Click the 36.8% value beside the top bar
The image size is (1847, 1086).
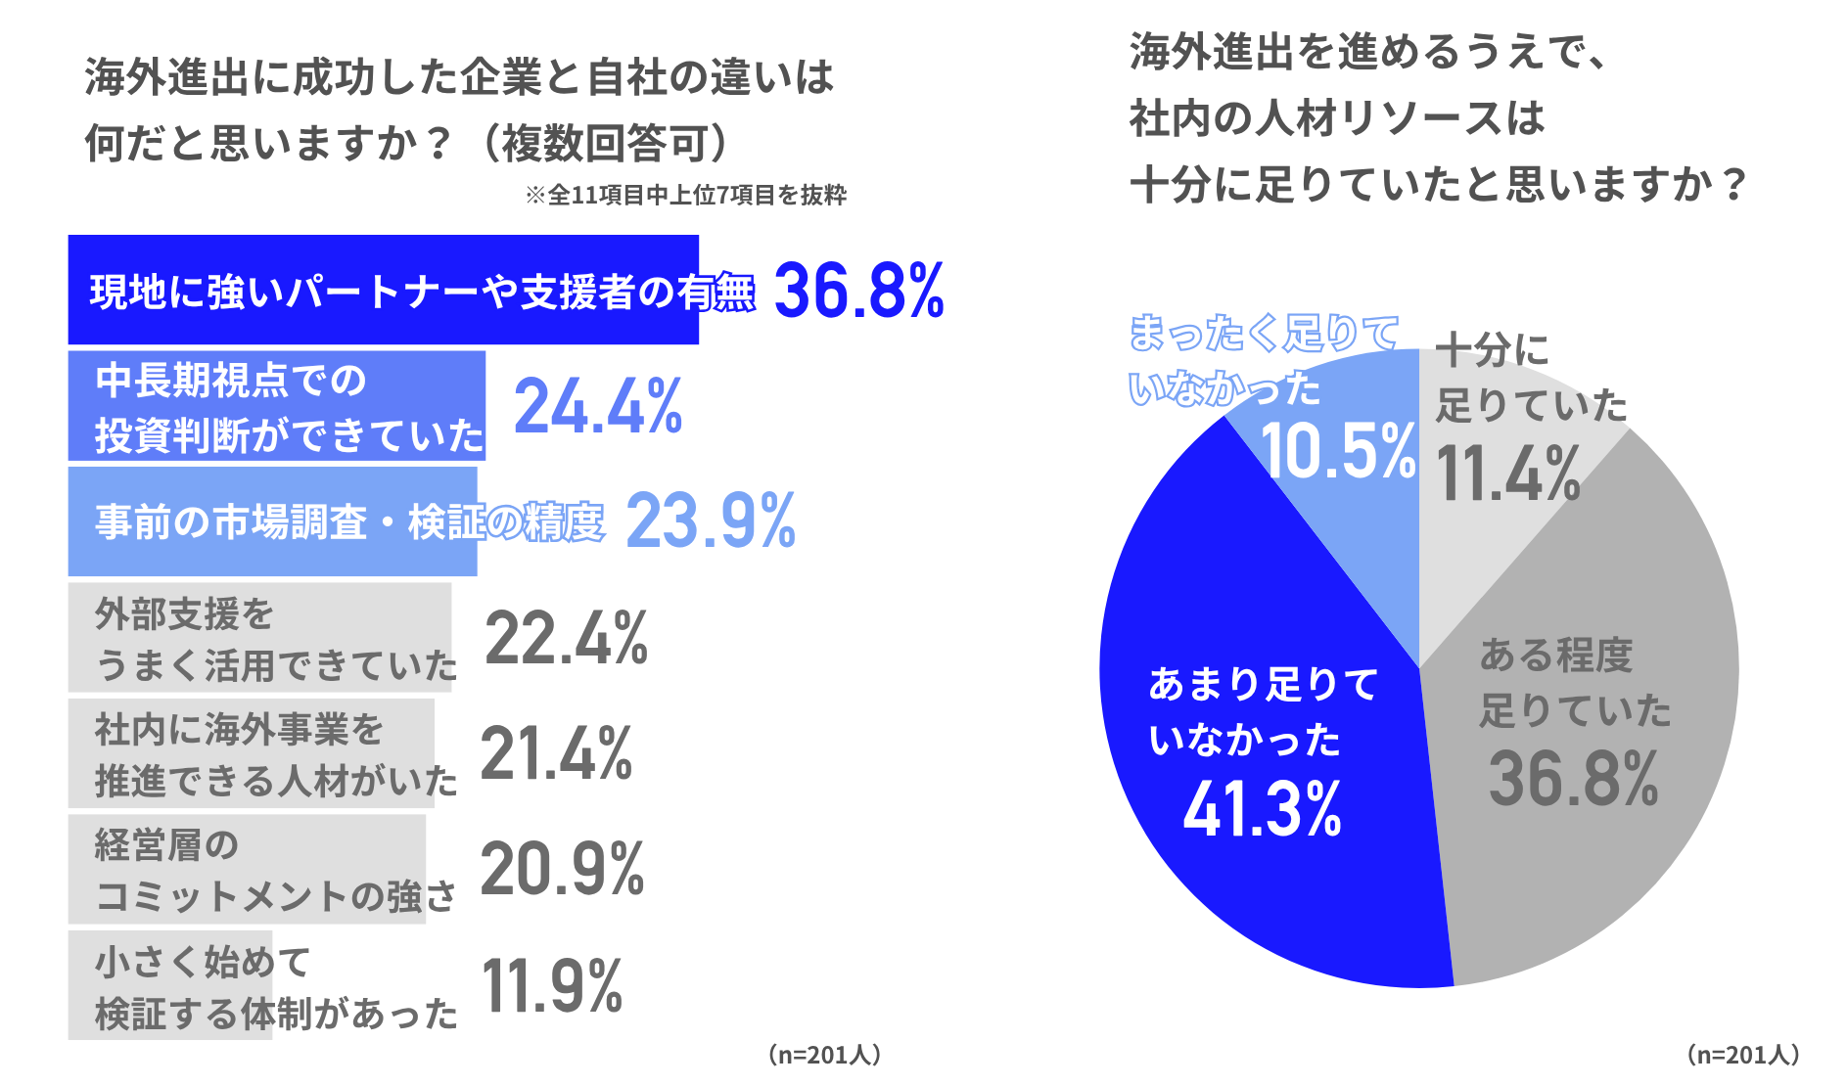tap(859, 291)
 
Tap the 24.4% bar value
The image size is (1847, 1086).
tap(598, 406)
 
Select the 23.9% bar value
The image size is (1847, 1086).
tap(711, 521)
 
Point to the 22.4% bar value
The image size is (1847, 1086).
tap(566, 638)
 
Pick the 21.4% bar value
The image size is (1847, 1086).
tap(557, 753)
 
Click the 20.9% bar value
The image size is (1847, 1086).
tap(562, 869)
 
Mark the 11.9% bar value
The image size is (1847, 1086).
tap(552, 985)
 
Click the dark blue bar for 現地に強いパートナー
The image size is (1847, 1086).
tap(383, 290)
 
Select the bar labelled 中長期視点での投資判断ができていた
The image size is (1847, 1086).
tap(277, 406)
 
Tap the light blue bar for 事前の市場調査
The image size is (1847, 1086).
tap(273, 521)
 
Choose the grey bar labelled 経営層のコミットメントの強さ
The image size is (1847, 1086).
tap(247, 869)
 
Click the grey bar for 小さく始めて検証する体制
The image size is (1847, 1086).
tap(170, 985)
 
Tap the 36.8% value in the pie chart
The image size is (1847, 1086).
tap(1574, 780)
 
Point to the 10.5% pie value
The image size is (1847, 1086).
tap(1339, 451)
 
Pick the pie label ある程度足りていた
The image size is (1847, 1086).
tap(1575, 683)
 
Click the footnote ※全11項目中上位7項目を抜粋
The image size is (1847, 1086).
tap(686, 196)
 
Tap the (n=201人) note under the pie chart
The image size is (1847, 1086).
tap(1742, 1055)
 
